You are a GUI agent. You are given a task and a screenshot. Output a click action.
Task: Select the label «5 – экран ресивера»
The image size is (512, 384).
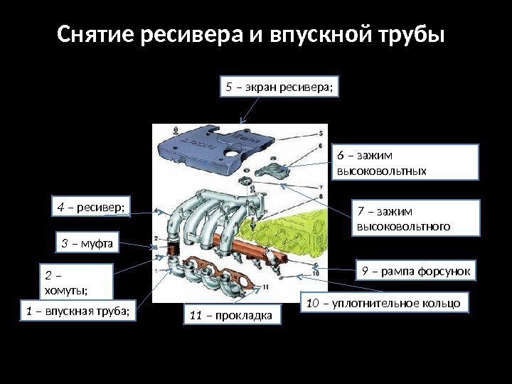(279, 87)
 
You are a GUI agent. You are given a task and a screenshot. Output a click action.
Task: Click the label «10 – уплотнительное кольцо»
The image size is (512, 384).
(385, 304)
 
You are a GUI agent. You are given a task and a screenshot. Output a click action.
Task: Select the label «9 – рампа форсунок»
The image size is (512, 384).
(417, 271)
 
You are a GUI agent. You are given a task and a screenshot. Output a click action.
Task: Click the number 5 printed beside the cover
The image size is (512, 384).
(321, 133)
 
